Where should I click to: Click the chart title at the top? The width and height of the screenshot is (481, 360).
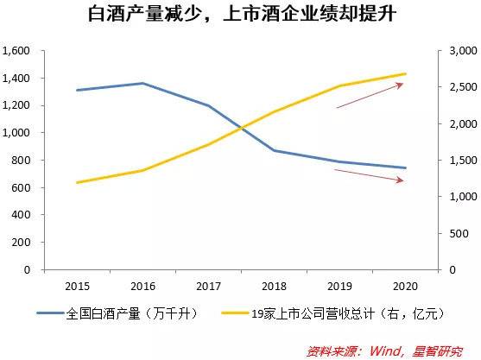[x=240, y=15]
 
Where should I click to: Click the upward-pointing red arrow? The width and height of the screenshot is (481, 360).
[x=370, y=95]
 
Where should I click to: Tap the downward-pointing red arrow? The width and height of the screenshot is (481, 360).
[x=369, y=175]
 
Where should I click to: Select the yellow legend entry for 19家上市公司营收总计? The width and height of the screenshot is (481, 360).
[x=328, y=314]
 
